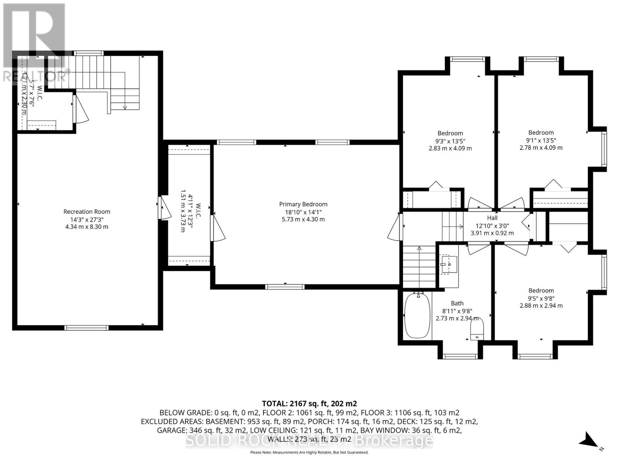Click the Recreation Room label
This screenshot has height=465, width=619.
tap(87, 212)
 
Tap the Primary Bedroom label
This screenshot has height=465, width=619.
tap(303, 204)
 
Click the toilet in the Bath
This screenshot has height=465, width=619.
tap(477, 331)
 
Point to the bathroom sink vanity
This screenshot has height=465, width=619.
tap(449, 264)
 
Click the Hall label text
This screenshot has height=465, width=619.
tap(492, 218)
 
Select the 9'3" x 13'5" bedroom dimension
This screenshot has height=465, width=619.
tap(450, 141)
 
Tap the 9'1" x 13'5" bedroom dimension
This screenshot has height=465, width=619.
tap(541, 140)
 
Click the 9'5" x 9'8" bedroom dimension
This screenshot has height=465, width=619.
tap(541, 298)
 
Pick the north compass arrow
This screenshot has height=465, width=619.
tap(589, 440)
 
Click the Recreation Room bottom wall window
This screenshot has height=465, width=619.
tap(86, 328)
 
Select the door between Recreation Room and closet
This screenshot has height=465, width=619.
tap(164, 208)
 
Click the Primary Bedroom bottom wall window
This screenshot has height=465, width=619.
tap(285, 287)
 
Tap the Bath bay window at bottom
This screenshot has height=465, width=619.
tap(460, 356)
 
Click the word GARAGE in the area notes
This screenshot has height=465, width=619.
tap(170, 431)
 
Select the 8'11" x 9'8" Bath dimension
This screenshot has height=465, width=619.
tap(457, 311)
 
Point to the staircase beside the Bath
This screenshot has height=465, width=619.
tap(419, 267)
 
